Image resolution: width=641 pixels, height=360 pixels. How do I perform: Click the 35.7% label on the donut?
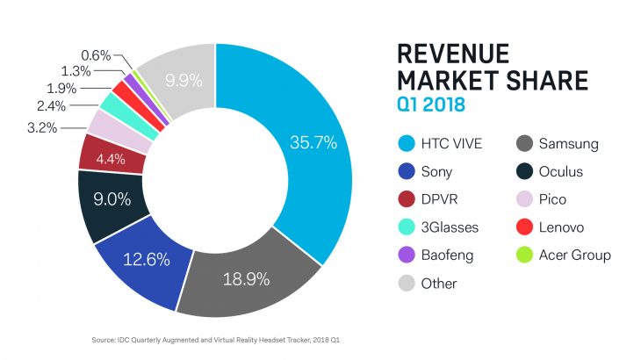coord(313,142)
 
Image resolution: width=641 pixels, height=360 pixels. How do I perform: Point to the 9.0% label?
coord(112,199)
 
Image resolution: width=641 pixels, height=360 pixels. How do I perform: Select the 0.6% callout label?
coord(97,55)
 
